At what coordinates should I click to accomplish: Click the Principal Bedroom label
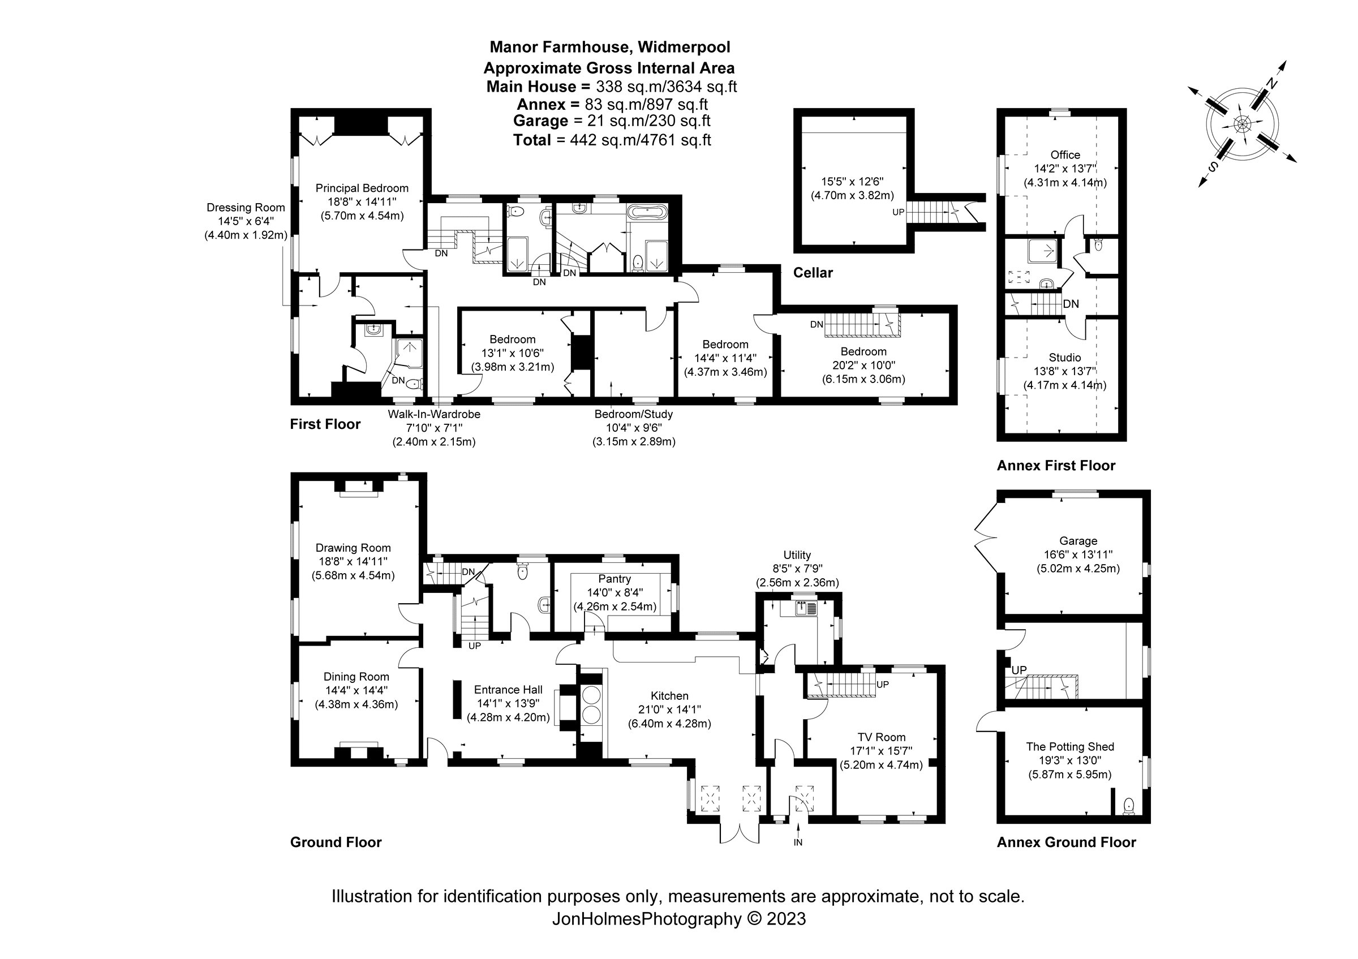tap(362, 188)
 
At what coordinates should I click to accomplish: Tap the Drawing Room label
tap(353, 548)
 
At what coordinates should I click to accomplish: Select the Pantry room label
tap(614, 579)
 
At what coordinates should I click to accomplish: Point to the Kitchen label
tap(669, 696)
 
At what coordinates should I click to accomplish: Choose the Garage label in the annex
tap(1078, 540)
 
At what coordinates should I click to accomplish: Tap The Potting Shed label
tap(1070, 747)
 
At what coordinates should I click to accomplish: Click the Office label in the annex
tap(1065, 155)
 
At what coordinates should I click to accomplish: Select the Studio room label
tap(1065, 358)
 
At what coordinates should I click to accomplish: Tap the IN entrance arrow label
tap(798, 842)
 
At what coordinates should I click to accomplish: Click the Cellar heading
tap(813, 273)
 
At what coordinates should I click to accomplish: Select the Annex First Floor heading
tap(1056, 465)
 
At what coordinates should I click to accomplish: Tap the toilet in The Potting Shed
tap(1128, 806)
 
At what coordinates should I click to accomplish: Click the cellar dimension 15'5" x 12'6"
tap(852, 182)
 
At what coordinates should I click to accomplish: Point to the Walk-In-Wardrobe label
tap(433, 415)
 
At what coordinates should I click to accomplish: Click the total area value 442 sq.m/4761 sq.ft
tap(641, 140)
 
